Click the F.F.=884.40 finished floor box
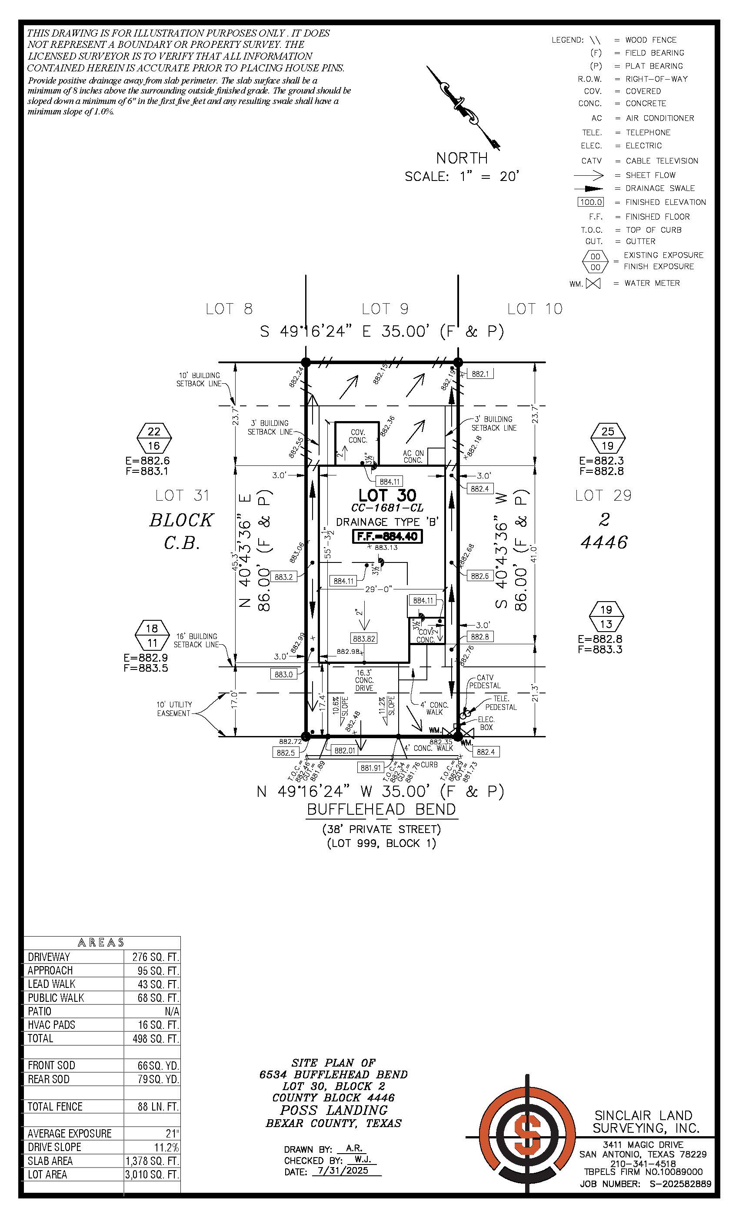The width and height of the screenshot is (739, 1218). (387, 536)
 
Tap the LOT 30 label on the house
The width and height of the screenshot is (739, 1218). (387, 495)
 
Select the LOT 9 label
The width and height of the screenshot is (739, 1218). (385, 309)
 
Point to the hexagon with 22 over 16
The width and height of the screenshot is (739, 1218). (154, 438)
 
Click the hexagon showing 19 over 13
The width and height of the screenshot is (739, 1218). (606, 616)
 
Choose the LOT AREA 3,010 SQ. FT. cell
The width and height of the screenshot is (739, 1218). (152, 1174)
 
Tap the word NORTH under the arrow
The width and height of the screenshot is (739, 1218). (462, 158)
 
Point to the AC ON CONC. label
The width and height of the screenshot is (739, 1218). (413, 456)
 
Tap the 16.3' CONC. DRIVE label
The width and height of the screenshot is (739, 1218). (364, 680)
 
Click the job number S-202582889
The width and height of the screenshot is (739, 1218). (680, 1184)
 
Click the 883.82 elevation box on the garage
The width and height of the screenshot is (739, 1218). (363, 639)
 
